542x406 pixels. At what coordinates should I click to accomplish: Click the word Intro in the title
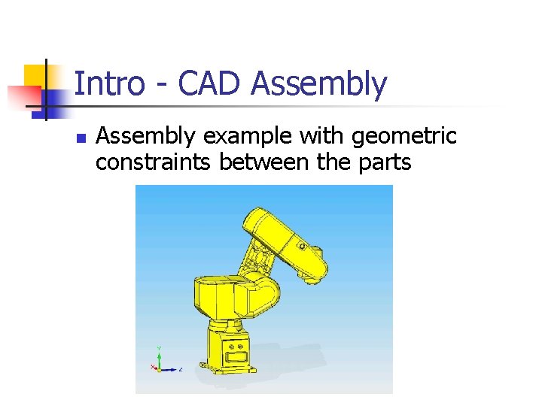pos(109,84)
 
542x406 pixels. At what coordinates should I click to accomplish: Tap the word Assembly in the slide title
pos(319,84)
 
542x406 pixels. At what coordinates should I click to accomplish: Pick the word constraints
pos(154,162)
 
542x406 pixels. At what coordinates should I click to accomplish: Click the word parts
pos(382,162)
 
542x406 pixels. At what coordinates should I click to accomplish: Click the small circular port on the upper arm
pos(301,245)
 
